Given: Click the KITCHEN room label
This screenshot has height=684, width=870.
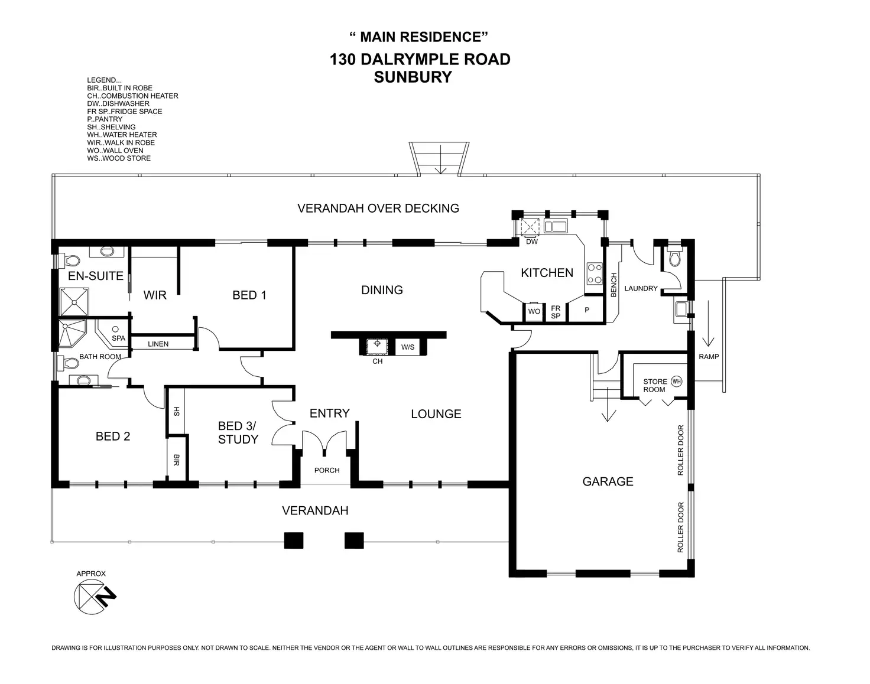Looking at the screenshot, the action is tap(547, 273).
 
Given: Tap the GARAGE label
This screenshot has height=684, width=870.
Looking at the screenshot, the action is tap(608, 481).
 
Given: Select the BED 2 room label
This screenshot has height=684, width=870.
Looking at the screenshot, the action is tap(113, 437).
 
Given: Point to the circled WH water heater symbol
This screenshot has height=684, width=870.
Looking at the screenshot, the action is tap(676, 382).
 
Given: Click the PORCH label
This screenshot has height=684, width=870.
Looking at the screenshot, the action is tap(327, 470).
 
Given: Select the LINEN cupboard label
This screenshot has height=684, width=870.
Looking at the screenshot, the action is tap(158, 344).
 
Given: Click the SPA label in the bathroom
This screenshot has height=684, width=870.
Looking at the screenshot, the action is tap(118, 338).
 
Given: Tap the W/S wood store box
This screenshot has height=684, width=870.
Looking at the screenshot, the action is tap(408, 347).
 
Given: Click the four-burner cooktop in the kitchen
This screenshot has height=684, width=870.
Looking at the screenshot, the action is tap(594, 274).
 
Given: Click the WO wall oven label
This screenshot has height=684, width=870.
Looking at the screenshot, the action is tap(534, 311).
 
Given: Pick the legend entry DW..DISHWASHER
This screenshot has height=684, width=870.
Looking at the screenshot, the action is tap(118, 103).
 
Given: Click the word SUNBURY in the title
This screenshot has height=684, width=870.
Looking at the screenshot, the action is tap(413, 77).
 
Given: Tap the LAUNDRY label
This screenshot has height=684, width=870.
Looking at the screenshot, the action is tap(641, 288).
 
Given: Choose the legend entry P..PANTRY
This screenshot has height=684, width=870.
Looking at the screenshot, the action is tap(105, 119).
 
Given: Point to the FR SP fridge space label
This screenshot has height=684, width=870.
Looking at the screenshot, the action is tap(556, 312).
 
